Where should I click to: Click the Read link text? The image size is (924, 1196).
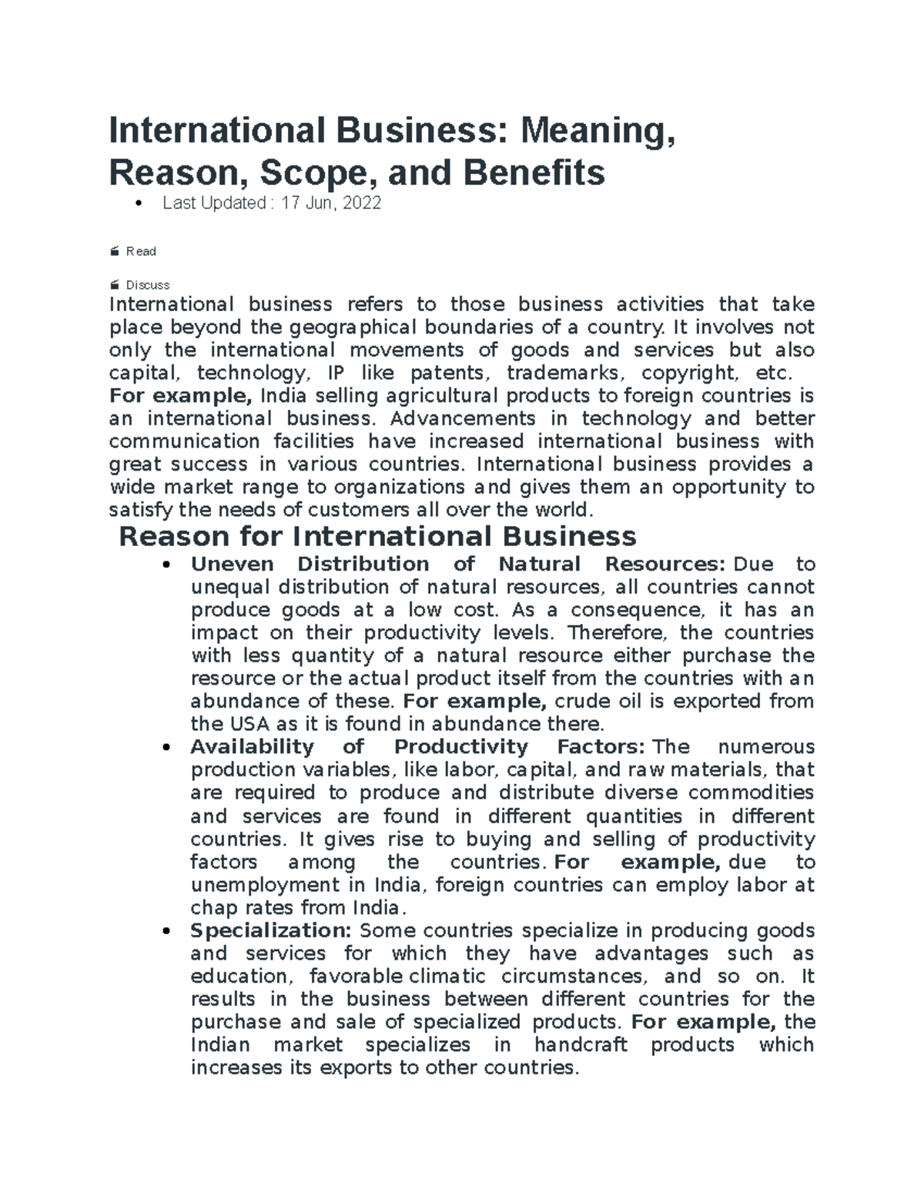pyautogui.click(x=141, y=251)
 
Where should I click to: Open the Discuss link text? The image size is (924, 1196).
pyautogui.click(x=148, y=285)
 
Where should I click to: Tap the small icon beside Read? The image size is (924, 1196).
pyautogui.click(x=115, y=251)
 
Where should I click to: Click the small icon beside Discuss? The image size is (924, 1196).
pyautogui.click(x=115, y=285)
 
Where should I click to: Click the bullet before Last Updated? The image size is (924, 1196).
pyautogui.click(x=139, y=204)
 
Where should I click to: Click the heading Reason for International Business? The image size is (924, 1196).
pyautogui.click(x=377, y=536)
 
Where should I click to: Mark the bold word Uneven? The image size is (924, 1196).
pyautogui.click(x=232, y=564)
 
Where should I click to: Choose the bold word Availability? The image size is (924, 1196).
pyautogui.click(x=252, y=747)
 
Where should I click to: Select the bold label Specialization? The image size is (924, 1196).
pyautogui.click(x=270, y=930)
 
